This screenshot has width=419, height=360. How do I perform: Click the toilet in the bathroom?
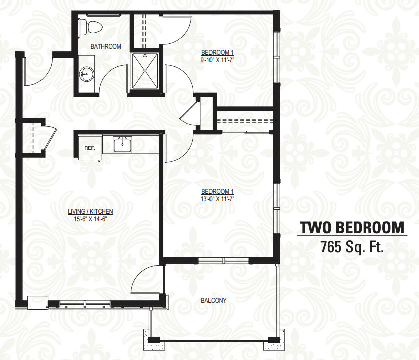click(x=90, y=27)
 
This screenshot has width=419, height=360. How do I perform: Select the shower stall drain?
click(x=145, y=71)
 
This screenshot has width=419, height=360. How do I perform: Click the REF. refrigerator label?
click(x=90, y=148)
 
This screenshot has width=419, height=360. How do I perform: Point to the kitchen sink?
click(x=122, y=144)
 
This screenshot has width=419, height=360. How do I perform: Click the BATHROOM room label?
click(x=106, y=46)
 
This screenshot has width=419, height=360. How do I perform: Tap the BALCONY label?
click(x=214, y=300)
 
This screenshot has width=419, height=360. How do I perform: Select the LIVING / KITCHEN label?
click(x=90, y=211)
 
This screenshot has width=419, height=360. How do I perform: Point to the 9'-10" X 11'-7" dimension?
click(x=218, y=60)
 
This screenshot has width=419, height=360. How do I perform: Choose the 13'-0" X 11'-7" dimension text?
click(x=218, y=199)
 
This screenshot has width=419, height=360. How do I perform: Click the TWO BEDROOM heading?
click(x=352, y=228)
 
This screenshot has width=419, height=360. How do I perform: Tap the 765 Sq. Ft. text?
click(x=352, y=247)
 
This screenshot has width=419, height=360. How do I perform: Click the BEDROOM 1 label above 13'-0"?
click(x=217, y=192)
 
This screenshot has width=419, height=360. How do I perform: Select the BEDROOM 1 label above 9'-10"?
click(x=217, y=52)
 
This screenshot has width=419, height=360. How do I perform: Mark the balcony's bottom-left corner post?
click(x=154, y=340)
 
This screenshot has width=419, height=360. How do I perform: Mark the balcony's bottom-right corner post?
click(x=274, y=340)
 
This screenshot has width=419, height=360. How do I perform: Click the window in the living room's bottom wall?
click(x=85, y=304)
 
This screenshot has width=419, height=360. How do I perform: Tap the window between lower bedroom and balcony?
click(x=224, y=261)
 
